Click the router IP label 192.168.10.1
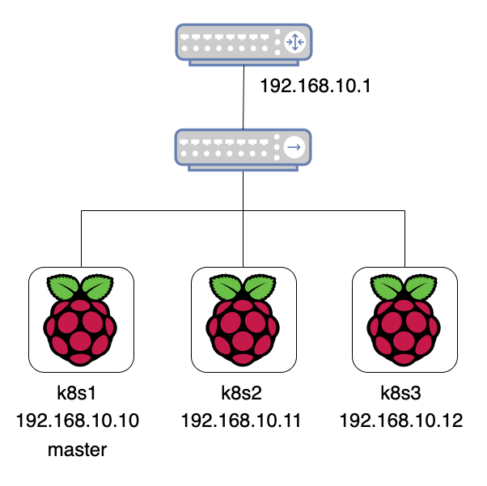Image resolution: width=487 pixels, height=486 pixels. point(315,86)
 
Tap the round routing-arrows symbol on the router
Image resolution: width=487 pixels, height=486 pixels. point(294,42)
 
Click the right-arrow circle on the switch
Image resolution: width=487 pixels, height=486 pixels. point(294,147)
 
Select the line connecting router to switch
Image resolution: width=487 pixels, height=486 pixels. point(243,97)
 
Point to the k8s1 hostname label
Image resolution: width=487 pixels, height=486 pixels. point(76,393)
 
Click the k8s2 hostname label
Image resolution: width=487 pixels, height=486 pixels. point(241,393)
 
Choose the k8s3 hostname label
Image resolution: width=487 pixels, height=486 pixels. point(400,393)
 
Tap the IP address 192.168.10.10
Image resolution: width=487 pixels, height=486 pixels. point(78,420)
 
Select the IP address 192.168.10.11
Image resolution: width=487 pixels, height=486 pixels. point(241,420)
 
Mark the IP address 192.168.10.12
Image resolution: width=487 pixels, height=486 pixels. point(401,420)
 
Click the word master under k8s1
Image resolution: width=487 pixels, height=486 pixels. point(78,450)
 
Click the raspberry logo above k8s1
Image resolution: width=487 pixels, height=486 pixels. point(80,320)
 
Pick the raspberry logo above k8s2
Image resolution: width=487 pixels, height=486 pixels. point(243,320)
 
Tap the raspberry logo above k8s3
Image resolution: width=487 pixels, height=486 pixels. point(404,320)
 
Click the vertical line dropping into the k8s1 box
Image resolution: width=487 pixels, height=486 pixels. point(82,239)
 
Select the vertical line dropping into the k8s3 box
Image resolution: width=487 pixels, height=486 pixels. point(404,239)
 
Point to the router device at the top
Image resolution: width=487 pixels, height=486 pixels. point(243,44)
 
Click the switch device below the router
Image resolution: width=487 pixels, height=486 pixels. point(243,150)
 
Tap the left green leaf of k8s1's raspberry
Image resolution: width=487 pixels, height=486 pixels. point(63,286)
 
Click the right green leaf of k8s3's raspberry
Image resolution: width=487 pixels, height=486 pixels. point(421,286)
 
